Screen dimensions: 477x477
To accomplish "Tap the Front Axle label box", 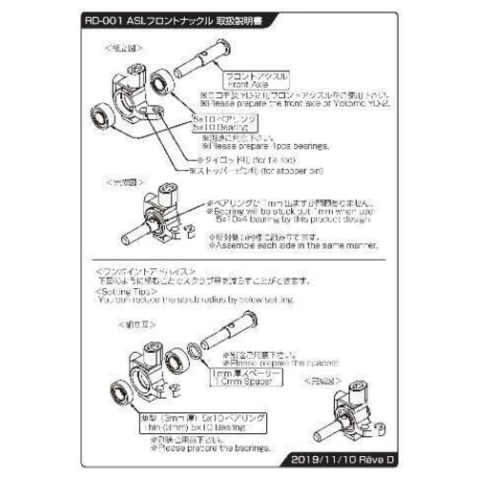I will (250, 79).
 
